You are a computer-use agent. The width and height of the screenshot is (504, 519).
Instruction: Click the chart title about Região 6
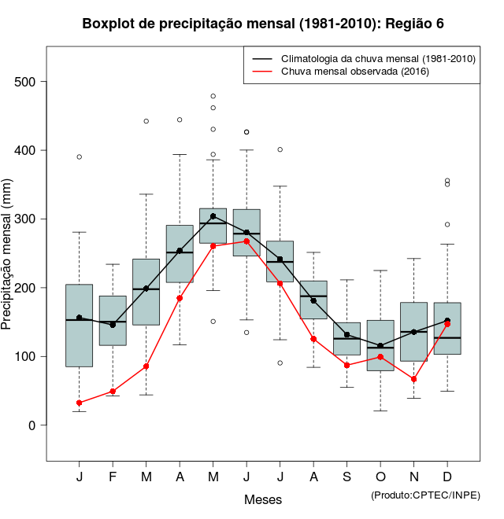(263, 24)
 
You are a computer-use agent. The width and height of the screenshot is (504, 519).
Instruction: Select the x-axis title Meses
(263, 499)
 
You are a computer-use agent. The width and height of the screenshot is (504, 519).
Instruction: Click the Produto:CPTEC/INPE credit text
(425, 495)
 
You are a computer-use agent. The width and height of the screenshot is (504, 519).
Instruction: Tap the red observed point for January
(80, 403)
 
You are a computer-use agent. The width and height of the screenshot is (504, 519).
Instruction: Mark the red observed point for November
(413, 379)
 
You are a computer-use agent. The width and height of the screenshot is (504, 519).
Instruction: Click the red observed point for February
(113, 391)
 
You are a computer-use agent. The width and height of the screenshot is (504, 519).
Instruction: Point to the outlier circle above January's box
(80, 156)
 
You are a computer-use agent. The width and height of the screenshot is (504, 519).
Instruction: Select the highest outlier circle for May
(213, 96)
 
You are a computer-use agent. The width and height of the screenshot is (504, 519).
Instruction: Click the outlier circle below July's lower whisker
(280, 363)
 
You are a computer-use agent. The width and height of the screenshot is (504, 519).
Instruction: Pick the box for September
(346, 338)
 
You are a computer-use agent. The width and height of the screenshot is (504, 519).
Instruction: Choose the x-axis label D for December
(447, 477)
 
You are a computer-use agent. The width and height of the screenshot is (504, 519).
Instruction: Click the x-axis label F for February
(113, 477)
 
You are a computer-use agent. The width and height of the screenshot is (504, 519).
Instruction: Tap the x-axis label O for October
(380, 477)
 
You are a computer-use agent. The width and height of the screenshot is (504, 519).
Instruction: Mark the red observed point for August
(313, 339)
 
